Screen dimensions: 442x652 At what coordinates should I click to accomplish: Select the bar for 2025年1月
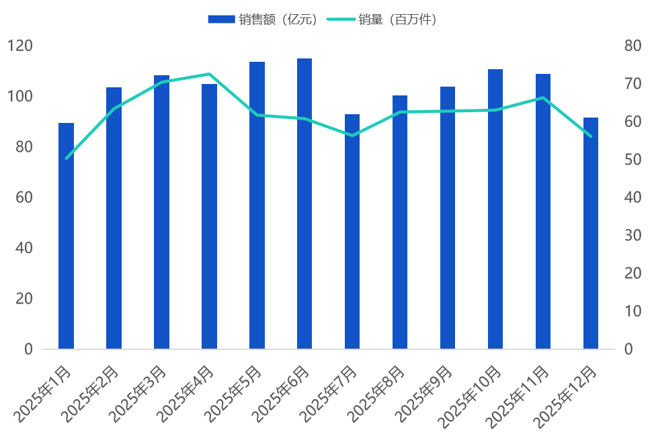(66, 236)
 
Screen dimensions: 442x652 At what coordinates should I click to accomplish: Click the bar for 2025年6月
(304, 204)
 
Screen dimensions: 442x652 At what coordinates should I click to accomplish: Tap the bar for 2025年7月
(352, 232)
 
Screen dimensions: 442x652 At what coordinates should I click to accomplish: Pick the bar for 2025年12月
(591, 233)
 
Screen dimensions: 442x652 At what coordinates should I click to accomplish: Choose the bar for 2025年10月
(495, 209)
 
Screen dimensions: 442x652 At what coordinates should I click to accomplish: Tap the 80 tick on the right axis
(633, 46)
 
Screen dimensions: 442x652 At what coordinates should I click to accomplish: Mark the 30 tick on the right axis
(633, 235)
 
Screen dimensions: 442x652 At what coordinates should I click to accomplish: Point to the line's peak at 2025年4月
(209, 74)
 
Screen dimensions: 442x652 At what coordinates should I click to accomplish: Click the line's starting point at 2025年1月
(66, 159)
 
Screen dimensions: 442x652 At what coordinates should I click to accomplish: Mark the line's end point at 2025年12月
(591, 136)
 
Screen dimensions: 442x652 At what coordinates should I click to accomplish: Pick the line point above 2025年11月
(543, 98)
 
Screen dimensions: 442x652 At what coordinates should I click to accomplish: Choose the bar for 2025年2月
(114, 218)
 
